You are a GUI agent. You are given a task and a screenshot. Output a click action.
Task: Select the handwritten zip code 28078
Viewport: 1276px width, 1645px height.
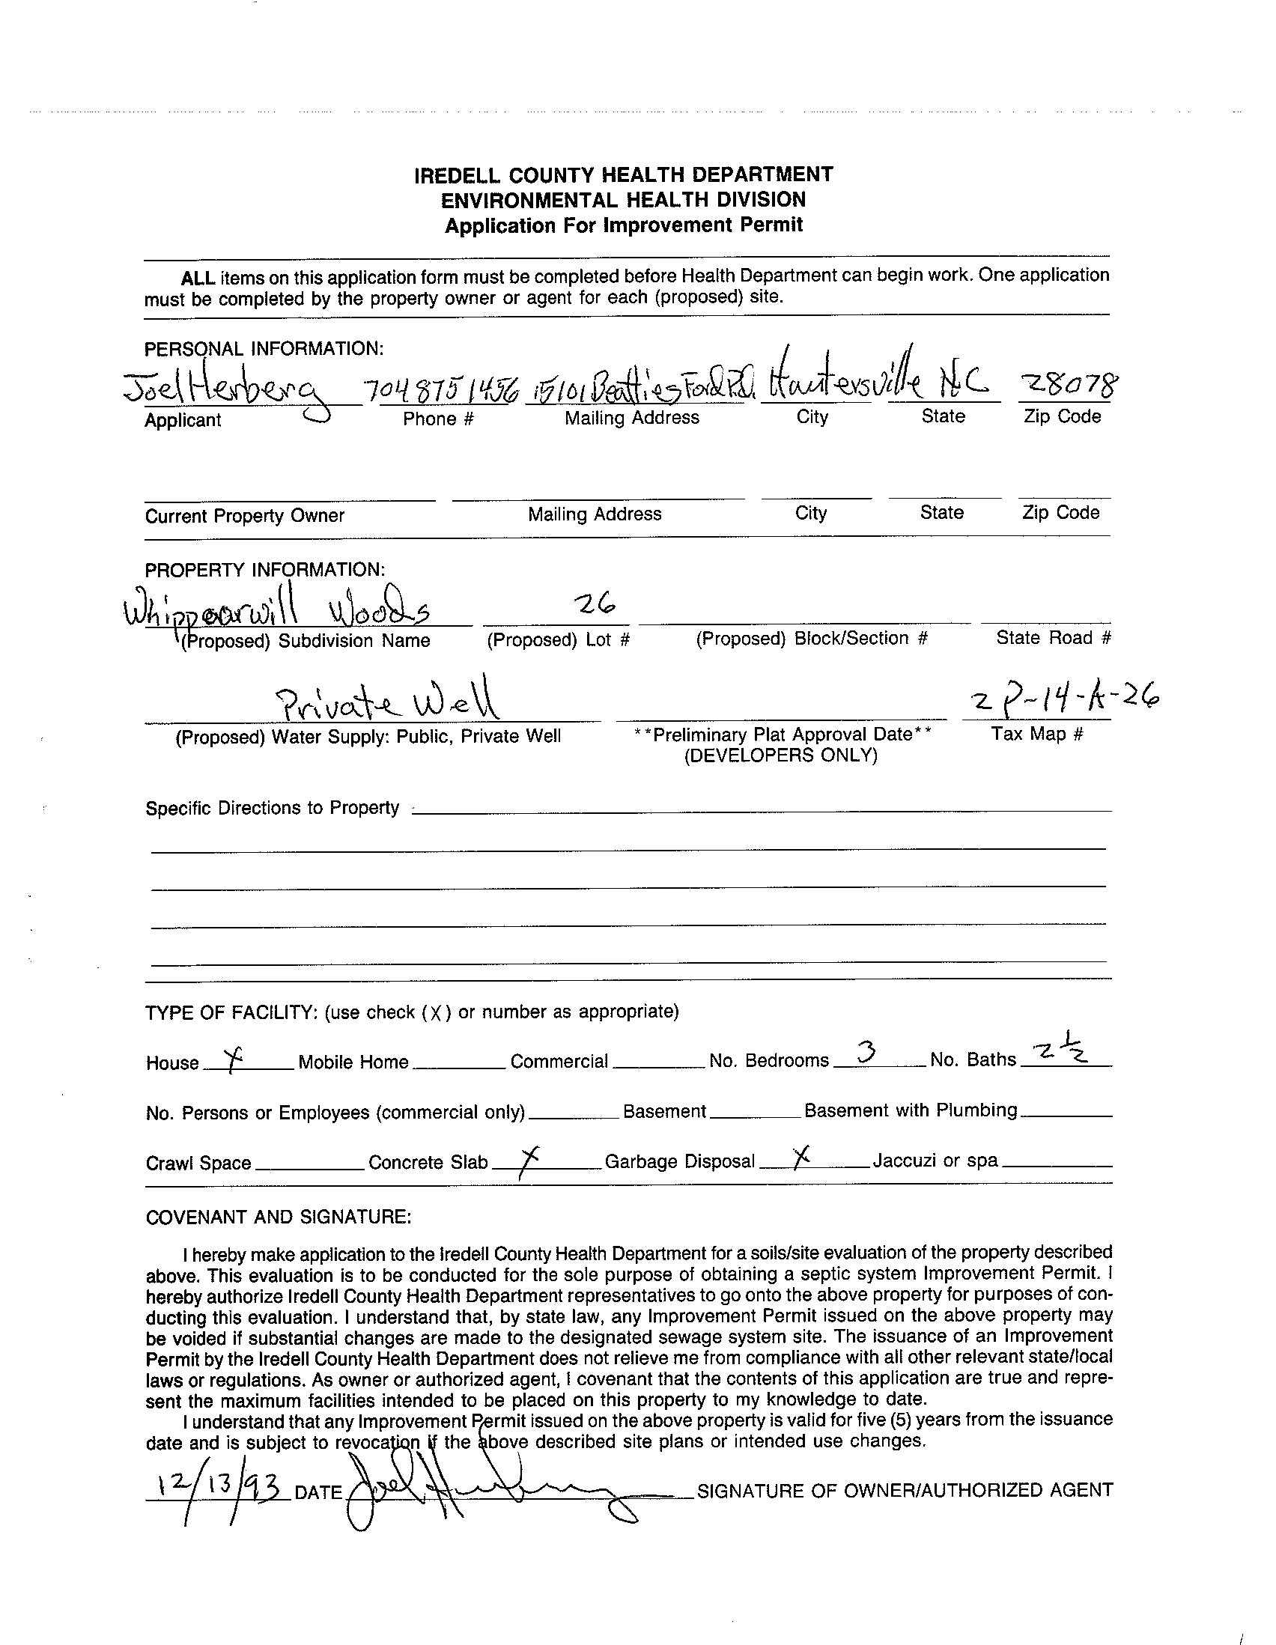[1067, 386]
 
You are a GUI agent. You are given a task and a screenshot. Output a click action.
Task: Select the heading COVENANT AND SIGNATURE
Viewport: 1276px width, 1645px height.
[278, 1217]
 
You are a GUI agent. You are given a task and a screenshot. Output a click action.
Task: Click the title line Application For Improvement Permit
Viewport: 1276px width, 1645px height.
[624, 225]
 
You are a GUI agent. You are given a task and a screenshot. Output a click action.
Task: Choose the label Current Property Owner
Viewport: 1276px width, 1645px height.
[245, 516]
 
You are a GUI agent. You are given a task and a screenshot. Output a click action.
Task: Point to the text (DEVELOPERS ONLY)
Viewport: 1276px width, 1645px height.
[780, 755]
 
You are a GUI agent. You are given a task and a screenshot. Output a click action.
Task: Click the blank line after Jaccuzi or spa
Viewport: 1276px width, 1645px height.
[1057, 1164]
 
